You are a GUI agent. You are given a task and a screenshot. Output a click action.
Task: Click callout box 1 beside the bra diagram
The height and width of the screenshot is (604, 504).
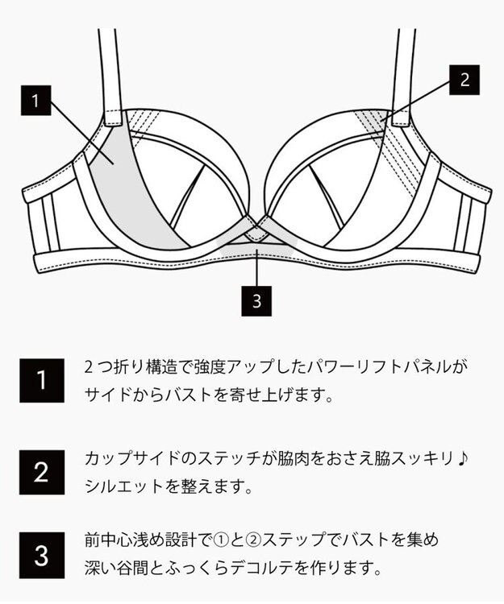pos(35,101)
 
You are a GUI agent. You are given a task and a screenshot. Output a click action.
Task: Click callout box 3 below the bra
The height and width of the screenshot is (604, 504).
pos(256,301)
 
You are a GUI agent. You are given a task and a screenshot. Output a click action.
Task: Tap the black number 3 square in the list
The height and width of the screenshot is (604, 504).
pos(42,555)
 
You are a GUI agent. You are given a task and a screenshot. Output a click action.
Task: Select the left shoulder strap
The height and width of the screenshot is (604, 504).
pos(109,72)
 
